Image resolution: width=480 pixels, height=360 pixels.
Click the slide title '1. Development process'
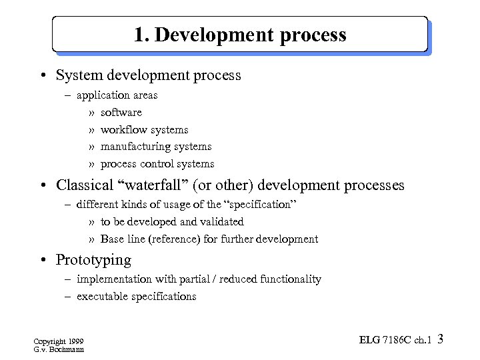240,35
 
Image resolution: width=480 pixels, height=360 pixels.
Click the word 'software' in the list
121,113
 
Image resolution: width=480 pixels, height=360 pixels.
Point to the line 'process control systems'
157,164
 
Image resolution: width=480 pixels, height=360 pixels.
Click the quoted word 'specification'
256,205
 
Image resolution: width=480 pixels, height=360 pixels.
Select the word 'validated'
221,222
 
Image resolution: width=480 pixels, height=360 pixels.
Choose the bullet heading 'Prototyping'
93,260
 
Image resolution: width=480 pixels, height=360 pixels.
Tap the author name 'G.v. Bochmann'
58,349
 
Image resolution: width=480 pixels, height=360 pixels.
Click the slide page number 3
440,339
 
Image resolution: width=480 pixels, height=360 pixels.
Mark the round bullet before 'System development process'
42,75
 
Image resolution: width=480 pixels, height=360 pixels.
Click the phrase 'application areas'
117,95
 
